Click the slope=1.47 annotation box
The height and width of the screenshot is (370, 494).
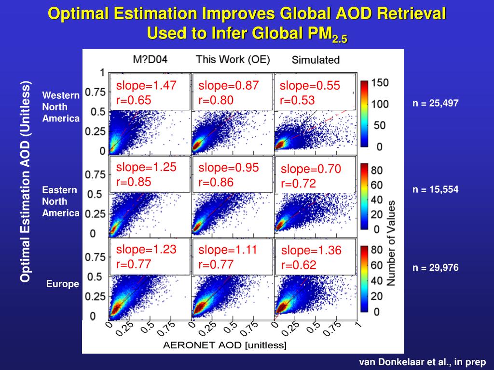[150, 92]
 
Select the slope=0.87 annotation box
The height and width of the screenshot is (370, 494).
[232, 92]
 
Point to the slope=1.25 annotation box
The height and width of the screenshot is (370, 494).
[150, 174]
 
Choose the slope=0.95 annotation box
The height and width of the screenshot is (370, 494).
[232, 174]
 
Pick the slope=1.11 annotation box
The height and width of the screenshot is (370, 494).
[232, 256]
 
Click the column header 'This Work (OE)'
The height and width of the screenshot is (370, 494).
[233, 59]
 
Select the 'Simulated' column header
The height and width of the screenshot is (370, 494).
[316, 60]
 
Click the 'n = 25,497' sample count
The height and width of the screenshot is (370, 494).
[435, 103]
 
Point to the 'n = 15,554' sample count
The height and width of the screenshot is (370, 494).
[435, 189]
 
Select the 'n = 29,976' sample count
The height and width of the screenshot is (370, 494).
[435, 268]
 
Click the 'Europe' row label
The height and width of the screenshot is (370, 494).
[63, 284]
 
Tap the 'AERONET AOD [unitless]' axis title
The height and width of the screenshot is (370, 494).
[225, 345]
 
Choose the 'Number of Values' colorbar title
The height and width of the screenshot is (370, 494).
[392, 242]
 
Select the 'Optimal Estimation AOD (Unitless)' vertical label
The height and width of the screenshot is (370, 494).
[26, 182]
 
